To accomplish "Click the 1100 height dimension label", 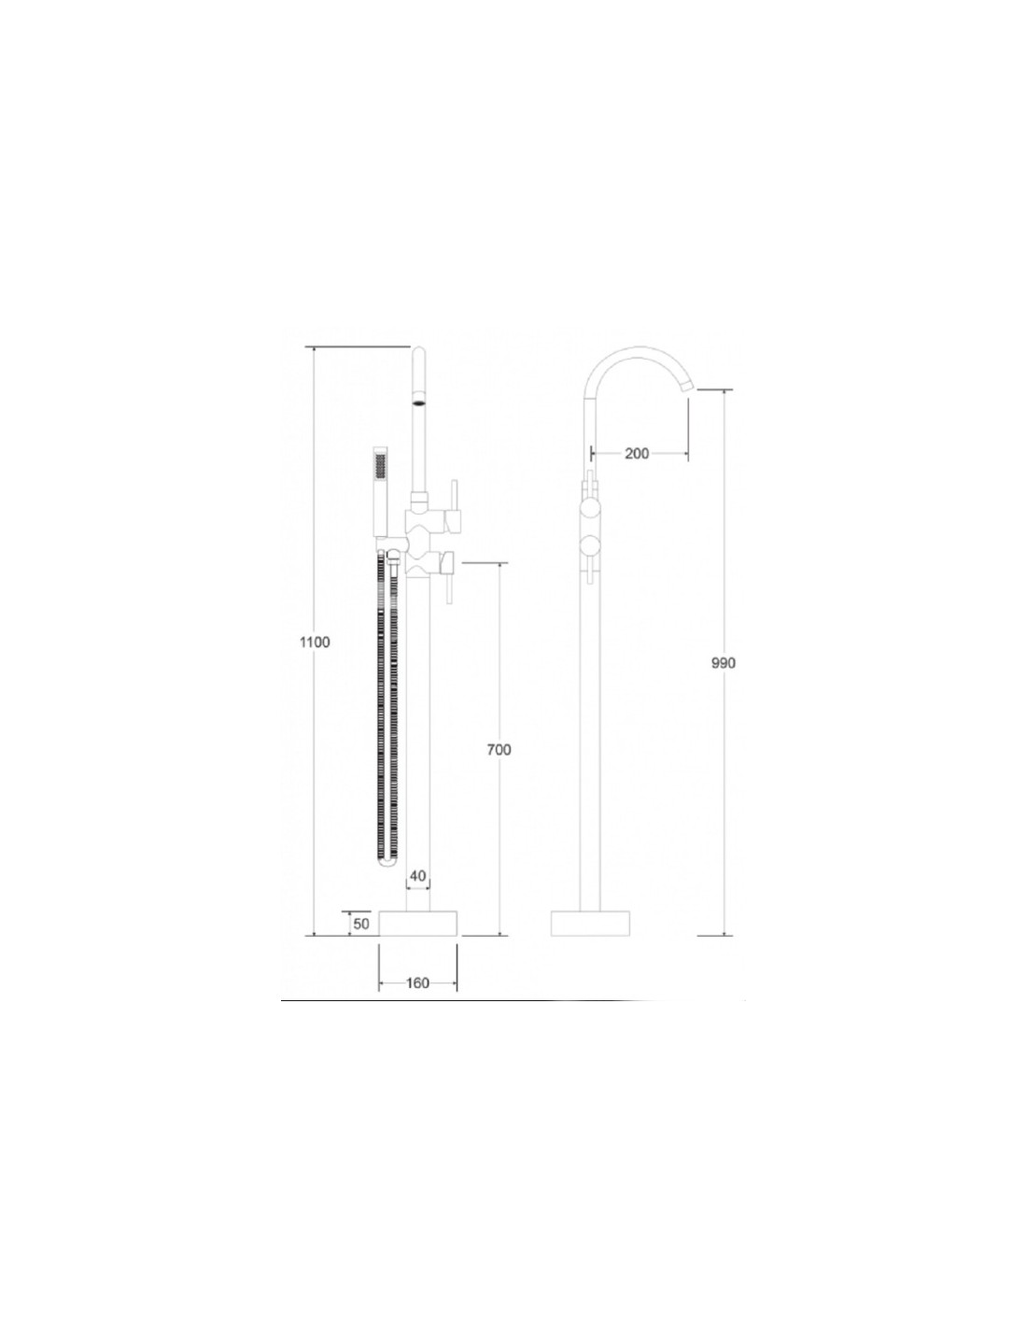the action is click(x=315, y=642).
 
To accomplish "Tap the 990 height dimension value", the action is click(x=724, y=663).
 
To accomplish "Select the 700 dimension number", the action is click(x=499, y=749).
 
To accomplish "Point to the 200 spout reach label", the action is click(x=638, y=453).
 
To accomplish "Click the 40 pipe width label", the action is click(x=417, y=876).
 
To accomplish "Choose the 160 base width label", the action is click(x=418, y=982).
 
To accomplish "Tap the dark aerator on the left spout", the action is click(x=419, y=403).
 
